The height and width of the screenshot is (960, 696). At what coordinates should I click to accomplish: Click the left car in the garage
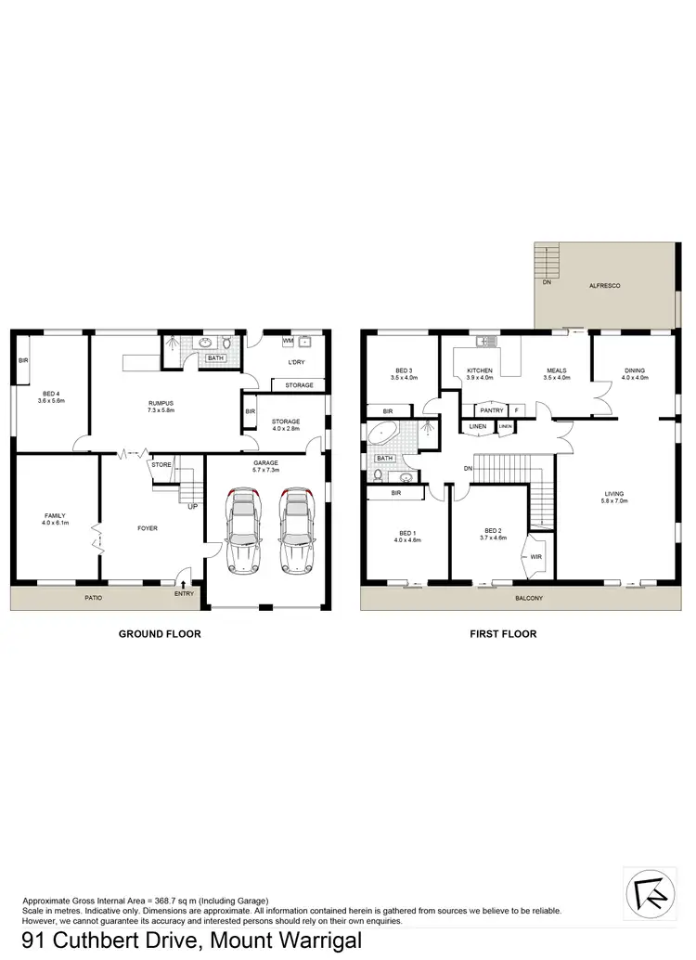tap(241, 533)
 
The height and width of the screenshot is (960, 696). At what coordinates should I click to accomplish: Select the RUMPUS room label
tap(161, 403)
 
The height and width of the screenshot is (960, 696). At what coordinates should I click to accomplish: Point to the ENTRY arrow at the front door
tap(183, 585)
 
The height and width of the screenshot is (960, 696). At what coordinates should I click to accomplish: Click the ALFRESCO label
tap(605, 287)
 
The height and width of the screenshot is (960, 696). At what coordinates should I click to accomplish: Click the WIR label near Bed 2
tap(535, 556)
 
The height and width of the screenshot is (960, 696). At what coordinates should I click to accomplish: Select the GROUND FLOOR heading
tap(160, 634)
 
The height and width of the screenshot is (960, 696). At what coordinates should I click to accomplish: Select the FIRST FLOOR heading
tap(502, 634)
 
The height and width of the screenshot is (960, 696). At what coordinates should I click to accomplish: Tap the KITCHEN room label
tap(481, 371)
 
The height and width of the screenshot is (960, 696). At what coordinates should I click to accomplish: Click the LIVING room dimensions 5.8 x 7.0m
tap(613, 501)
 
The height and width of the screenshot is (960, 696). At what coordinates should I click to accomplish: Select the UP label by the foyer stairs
tap(192, 507)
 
